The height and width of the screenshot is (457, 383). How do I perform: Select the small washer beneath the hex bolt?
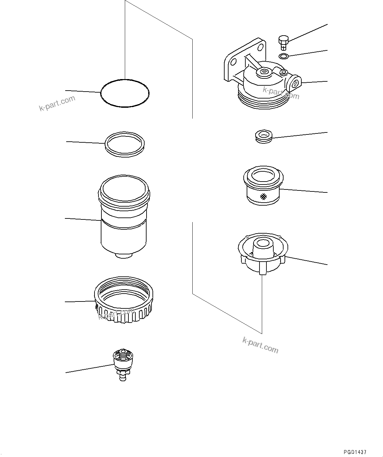283,56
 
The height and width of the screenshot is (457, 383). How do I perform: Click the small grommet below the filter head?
263,136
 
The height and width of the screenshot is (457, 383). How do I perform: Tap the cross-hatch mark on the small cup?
263,197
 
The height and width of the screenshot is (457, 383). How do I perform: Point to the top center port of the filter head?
263,71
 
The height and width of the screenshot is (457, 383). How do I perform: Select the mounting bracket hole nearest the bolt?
262,47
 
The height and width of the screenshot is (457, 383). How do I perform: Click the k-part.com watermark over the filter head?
281,93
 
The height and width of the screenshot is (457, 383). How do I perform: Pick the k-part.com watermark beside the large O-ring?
57,103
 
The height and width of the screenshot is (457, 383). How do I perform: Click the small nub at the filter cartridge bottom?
124,255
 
